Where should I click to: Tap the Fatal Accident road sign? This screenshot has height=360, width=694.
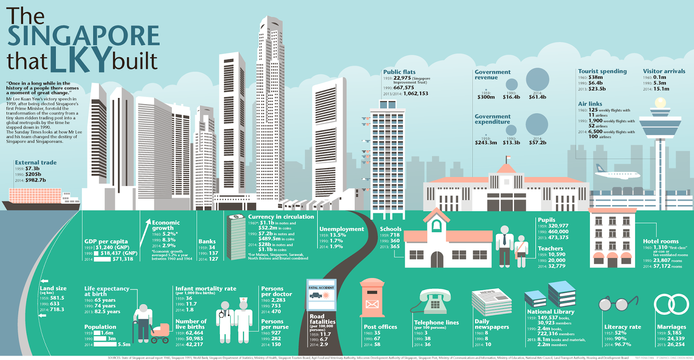(x=321, y=295)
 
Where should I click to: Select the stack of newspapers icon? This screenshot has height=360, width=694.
(x=491, y=302)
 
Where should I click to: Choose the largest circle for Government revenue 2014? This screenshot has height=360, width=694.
(x=537, y=80)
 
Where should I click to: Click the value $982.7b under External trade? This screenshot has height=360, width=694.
(x=35, y=180)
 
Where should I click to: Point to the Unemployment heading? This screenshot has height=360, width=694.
(x=341, y=229)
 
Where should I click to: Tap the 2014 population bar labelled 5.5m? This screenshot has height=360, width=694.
(x=105, y=344)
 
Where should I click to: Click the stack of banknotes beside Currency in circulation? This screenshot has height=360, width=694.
(x=236, y=236)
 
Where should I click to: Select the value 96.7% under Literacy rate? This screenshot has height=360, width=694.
(x=622, y=344)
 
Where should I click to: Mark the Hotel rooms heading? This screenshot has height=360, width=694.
(x=661, y=241)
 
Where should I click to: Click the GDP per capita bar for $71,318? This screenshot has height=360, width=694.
(x=102, y=259)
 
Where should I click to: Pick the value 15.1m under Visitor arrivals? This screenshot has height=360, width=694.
(x=661, y=89)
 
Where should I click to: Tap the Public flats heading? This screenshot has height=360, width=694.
(x=399, y=72)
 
